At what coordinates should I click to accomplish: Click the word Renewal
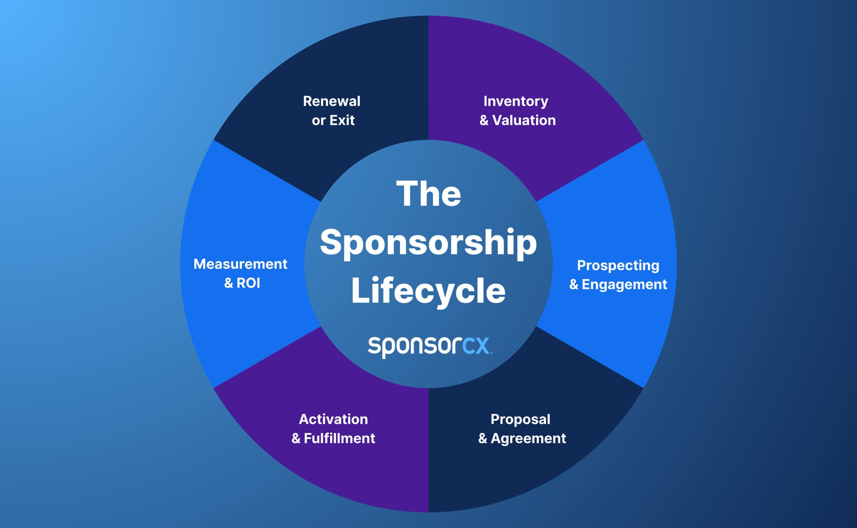pos(331,101)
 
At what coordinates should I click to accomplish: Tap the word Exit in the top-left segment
pos(342,121)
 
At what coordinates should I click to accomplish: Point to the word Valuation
pos(524,121)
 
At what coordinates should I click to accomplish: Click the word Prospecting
pos(618,266)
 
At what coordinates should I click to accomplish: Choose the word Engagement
pos(624,285)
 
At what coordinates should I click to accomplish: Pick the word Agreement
pos(528,439)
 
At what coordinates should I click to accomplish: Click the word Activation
pos(333,420)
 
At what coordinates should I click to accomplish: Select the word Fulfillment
pos(339,439)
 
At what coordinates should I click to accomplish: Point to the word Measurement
pos(240,265)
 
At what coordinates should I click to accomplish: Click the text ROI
pos(248,283)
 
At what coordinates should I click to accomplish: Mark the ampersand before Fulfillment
pos(296,439)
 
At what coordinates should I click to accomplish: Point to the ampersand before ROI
pos(228,283)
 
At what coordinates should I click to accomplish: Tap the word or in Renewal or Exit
pos(318,121)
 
